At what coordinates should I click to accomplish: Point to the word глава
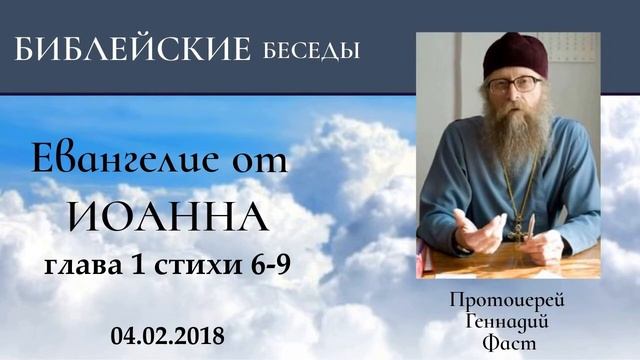pos(81,267)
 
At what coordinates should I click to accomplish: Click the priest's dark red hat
pos(513,55)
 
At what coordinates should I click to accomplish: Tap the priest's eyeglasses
pos(514,85)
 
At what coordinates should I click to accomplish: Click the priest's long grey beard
pos(516,135)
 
